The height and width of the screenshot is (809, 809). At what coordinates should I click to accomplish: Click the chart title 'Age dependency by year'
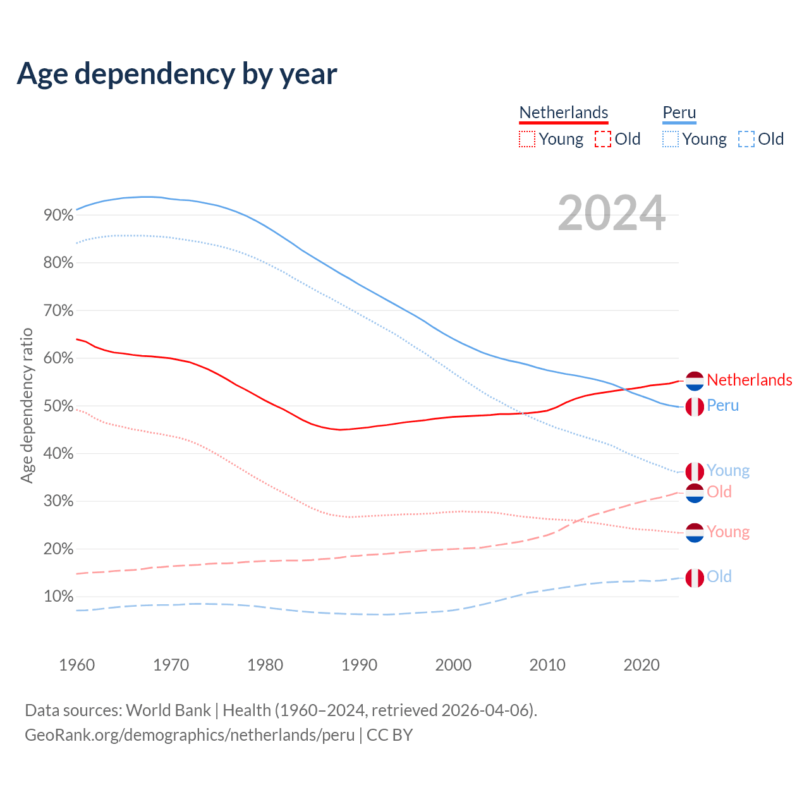(177, 74)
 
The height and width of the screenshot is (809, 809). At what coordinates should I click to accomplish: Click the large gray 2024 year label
(611, 214)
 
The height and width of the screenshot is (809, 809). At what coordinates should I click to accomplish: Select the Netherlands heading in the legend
(564, 113)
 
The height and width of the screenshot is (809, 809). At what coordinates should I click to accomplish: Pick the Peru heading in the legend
(679, 113)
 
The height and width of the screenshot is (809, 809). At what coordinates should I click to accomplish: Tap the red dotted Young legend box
(527, 139)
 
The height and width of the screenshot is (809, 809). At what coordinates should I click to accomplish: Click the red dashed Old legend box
(603, 139)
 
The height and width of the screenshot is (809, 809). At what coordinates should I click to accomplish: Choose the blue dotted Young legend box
(671, 139)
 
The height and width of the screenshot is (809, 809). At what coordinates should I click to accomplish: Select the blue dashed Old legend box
(746, 139)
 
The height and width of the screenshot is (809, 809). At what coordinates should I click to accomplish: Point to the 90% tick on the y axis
(58, 216)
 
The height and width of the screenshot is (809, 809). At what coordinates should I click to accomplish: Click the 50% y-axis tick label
(58, 406)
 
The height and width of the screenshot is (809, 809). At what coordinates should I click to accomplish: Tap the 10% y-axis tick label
(58, 597)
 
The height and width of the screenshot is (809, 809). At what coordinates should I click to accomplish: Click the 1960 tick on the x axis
(76, 665)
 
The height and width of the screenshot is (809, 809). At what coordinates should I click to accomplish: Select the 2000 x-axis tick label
(453, 665)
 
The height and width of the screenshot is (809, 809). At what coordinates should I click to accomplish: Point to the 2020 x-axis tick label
(642, 665)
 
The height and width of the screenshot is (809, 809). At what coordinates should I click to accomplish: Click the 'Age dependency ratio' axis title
(27, 405)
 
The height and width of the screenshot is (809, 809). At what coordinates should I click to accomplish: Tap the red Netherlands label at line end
(749, 380)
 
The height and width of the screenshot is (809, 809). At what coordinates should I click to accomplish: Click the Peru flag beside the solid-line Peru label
(695, 406)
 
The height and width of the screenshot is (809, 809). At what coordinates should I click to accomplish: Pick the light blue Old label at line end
(719, 576)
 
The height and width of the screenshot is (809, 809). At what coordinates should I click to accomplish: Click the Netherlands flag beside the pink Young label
(695, 532)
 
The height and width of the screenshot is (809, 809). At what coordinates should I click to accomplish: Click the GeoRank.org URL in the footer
(190, 735)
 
